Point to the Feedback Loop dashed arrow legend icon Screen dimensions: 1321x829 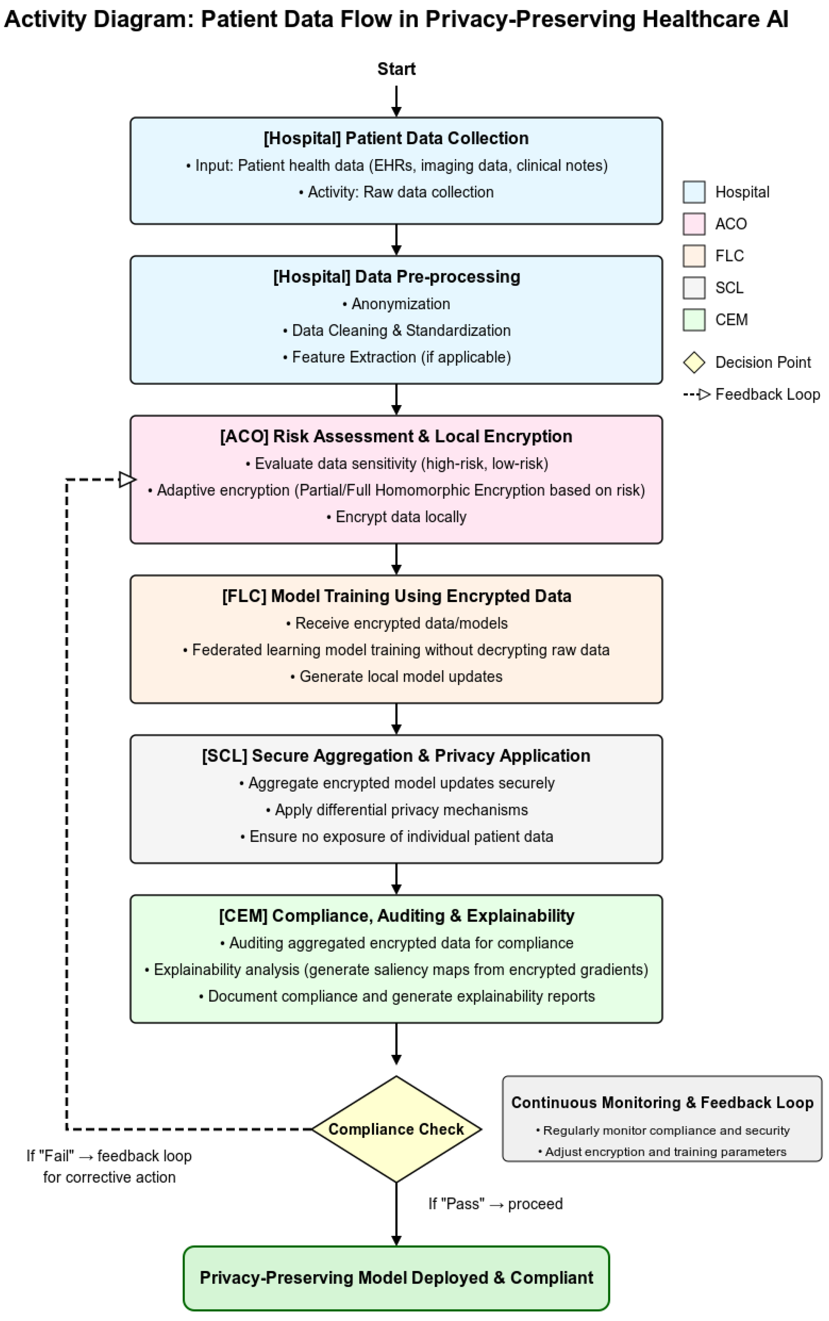(696, 394)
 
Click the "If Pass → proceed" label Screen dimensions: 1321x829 (495, 1204)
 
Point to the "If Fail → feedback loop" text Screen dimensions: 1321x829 (109, 1156)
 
